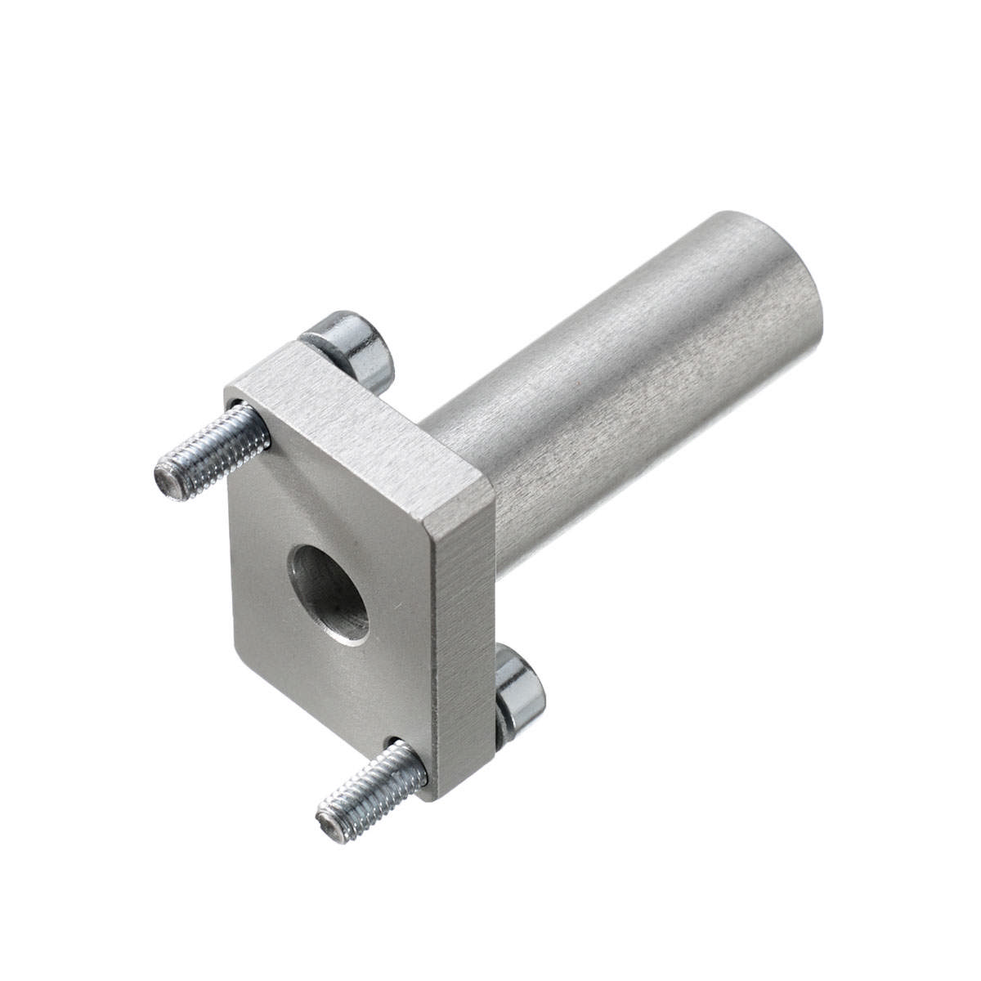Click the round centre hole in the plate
coord(330,592)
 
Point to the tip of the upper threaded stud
coord(167,482)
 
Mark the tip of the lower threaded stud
coord(329,827)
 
